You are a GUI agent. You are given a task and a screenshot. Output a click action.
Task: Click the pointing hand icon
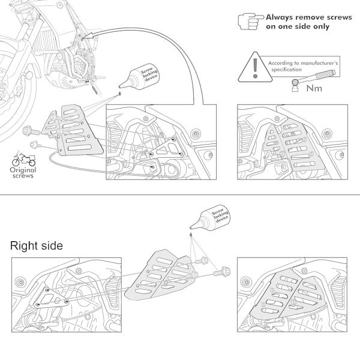(x=250, y=22)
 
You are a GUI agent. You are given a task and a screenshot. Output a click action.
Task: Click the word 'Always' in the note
(x=279, y=17)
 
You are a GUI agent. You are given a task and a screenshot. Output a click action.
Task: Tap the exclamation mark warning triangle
(x=255, y=68)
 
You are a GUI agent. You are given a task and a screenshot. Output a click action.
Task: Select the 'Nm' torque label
(x=314, y=88)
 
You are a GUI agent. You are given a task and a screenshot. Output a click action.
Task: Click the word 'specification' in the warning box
(x=287, y=70)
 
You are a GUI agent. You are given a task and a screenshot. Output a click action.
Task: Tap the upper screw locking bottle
(x=140, y=77)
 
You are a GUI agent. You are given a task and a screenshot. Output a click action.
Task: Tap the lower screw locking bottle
(x=211, y=217)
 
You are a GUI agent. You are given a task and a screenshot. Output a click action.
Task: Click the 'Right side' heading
(x=37, y=246)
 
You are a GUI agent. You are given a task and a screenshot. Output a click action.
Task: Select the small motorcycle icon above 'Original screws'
(x=23, y=159)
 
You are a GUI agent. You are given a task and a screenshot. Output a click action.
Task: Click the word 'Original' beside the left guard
(x=23, y=170)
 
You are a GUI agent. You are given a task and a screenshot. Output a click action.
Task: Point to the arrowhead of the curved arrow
(x=88, y=37)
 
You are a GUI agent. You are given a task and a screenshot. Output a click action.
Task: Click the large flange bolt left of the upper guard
(x=31, y=131)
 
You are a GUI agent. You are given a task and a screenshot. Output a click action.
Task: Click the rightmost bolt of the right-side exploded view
(x=222, y=272)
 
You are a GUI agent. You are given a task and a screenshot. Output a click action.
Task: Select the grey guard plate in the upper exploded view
(x=73, y=131)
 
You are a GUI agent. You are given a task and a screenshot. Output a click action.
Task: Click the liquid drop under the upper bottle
(x=119, y=94)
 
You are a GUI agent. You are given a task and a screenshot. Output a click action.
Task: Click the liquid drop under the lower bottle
(x=191, y=235)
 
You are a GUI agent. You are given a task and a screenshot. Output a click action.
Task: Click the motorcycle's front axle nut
(x=29, y=76)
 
